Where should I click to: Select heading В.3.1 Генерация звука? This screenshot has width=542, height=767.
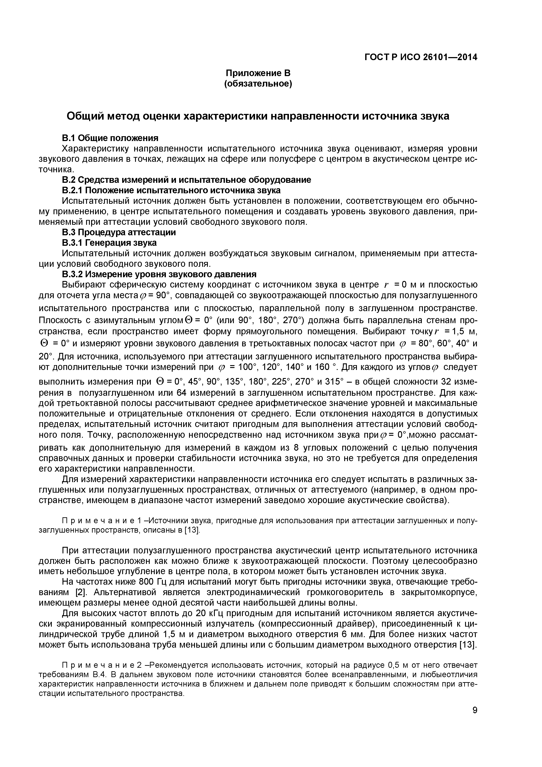[109, 242]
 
